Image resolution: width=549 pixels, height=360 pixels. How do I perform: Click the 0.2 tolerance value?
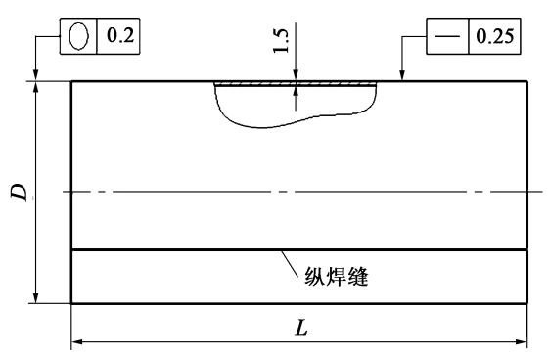pyautogui.click(x=120, y=35)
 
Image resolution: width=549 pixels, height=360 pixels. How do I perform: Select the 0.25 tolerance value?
pyautogui.click(x=495, y=36)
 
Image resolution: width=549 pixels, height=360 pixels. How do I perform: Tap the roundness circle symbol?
pyautogui.click(x=78, y=35)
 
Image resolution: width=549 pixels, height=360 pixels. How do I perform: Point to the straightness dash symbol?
pyautogui.click(x=447, y=36)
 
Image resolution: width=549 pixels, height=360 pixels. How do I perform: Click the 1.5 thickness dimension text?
pyautogui.click(x=282, y=40)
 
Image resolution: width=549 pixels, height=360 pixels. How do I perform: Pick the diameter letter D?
pyautogui.click(x=20, y=192)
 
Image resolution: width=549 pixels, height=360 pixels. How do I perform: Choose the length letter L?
pyautogui.click(x=301, y=328)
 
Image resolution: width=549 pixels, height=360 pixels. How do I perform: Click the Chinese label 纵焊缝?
pyautogui.click(x=336, y=277)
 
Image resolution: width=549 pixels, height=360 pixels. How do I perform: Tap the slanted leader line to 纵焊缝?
pyautogui.click(x=290, y=263)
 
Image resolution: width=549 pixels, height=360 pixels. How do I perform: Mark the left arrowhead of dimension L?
pyautogui.click(x=77, y=341)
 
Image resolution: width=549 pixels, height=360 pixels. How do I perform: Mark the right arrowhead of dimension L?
pyautogui.click(x=522, y=341)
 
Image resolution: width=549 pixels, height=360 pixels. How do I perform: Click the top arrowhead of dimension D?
pyautogui.click(x=35, y=87)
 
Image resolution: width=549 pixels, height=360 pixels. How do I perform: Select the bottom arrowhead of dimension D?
pyautogui.click(x=35, y=297)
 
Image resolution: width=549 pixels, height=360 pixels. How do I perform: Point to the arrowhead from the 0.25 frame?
pyautogui.click(x=402, y=75)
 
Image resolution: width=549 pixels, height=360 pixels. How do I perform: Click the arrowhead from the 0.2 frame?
pyautogui.click(x=35, y=75)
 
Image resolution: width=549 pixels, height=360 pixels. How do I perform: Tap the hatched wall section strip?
pyautogui.click(x=296, y=84)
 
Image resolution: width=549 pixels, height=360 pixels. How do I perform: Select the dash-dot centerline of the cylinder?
pyautogui.click(x=302, y=192)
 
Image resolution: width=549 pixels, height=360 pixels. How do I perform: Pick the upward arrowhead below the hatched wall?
pyautogui.click(x=296, y=92)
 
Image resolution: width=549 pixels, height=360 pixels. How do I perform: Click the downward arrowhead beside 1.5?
pyautogui.click(x=296, y=76)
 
